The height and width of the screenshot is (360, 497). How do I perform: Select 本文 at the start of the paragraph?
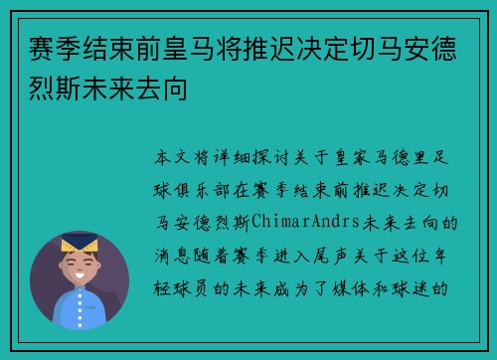pyautogui.click(x=169, y=157)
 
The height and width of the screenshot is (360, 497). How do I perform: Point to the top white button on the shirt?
pyautogui.click(x=81, y=307)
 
